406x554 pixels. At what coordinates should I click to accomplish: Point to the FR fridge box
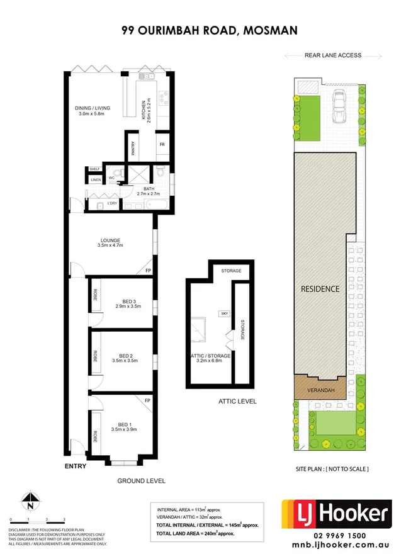(162, 145)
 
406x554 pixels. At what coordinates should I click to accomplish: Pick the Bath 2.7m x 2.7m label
(149, 191)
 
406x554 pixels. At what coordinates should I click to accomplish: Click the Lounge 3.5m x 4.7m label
(110, 242)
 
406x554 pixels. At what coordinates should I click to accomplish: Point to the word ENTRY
(76, 466)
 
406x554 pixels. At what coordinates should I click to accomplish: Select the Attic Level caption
(237, 401)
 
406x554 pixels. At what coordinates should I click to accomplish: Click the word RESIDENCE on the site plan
(320, 289)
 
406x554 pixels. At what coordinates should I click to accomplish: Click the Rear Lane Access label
(332, 55)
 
